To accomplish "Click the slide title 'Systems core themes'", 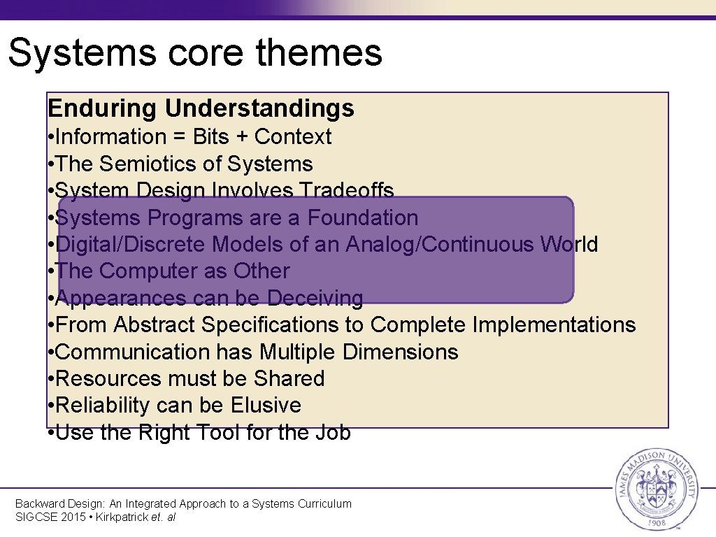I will click(195, 52).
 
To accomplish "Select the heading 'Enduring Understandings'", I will click(201, 108).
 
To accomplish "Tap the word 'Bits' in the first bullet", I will click(210, 137).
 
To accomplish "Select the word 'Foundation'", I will click(363, 218).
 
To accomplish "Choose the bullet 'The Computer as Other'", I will click(172, 271).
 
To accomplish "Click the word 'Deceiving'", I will click(315, 299).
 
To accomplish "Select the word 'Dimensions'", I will click(401, 352).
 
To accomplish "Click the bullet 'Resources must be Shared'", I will click(189, 379).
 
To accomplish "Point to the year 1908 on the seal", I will click(655, 521).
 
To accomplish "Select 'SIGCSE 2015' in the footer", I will click(46, 517).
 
